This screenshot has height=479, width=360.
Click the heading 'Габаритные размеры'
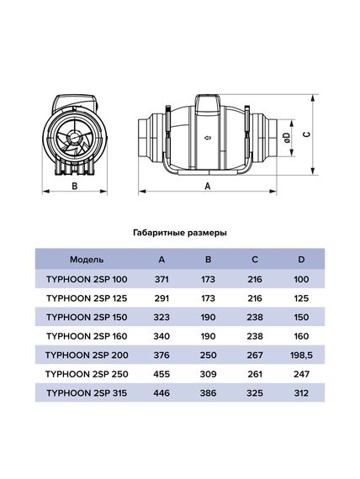[180, 231]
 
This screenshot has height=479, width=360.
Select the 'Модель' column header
[87, 260]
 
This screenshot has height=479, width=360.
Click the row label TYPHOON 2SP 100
[87, 278]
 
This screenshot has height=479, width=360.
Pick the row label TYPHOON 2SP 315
[87, 392]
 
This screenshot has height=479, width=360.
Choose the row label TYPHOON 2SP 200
[87, 354]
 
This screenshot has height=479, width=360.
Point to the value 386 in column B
[210, 392]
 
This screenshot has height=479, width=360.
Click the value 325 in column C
[255, 392]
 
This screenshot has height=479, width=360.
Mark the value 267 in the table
[255, 354]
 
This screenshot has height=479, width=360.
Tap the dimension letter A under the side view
[207, 188]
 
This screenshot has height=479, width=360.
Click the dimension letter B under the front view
[74, 188]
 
